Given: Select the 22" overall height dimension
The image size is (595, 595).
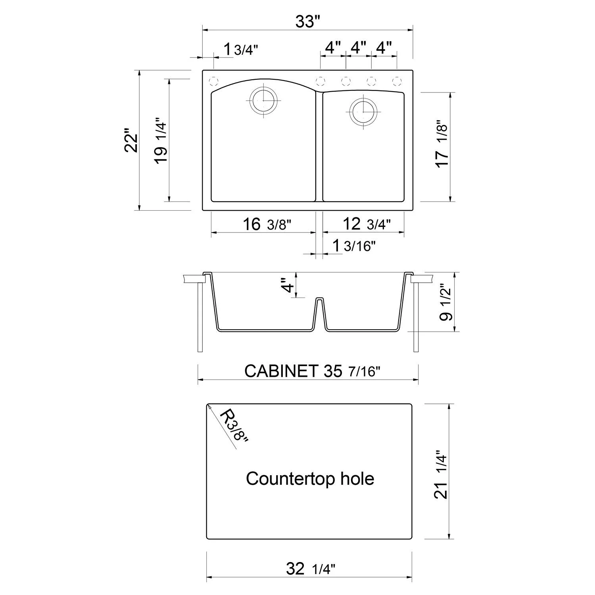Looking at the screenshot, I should point(131,140).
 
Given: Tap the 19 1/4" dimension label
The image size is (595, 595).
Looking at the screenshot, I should point(161,140).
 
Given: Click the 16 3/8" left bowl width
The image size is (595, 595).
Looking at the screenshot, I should point(267,225).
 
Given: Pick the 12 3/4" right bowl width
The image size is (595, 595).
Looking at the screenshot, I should point(367,225).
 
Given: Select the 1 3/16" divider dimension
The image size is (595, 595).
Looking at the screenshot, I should point(353,246).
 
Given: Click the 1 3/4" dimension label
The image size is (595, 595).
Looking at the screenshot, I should point(240,50).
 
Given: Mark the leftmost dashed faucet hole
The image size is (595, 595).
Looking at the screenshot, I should point(213,81).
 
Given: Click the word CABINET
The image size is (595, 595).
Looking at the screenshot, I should point(281,371).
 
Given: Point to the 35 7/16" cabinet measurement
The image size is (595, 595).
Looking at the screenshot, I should point(352,371).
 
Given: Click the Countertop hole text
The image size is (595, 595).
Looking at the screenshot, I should point(310,479).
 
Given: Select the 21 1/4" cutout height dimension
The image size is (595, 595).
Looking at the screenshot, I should point(442,474).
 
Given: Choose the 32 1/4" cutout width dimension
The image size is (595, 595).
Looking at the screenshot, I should point(311,569).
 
